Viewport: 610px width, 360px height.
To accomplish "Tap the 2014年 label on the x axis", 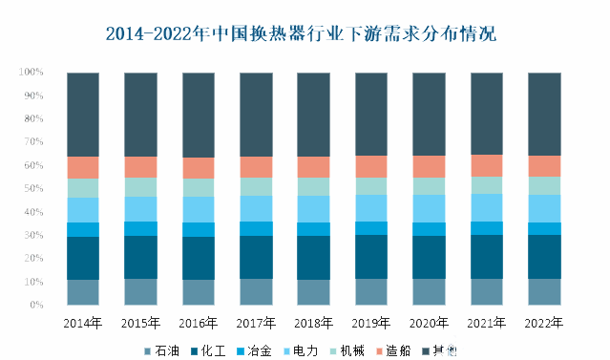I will point(83,323).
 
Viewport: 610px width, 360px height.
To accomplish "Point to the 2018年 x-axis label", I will point(313,323).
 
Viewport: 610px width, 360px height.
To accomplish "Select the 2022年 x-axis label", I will point(545,323).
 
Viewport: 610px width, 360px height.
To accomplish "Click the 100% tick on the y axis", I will point(32,73).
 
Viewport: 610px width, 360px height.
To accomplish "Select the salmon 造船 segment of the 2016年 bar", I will point(199,168).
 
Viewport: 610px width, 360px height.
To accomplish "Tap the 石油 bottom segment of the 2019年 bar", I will point(371,292).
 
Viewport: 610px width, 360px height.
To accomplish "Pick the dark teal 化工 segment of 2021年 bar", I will point(487,257).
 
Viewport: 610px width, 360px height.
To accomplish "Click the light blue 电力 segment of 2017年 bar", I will point(256,208).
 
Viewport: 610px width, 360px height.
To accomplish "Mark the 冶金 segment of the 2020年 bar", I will point(429,229).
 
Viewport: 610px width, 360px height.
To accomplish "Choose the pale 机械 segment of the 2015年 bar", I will point(140,187).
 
